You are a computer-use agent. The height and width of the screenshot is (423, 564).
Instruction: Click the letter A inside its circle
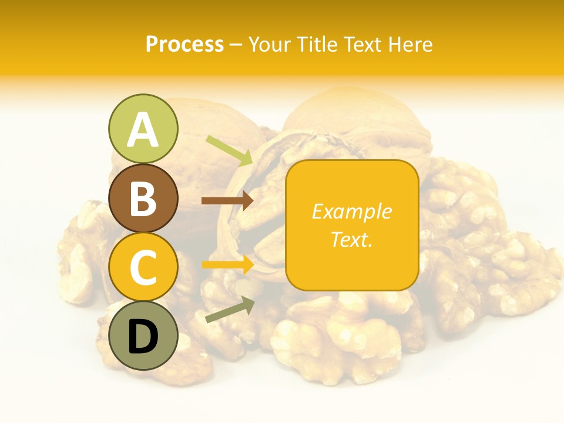(x=143, y=130)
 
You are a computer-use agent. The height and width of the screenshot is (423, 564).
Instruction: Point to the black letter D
(x=143, y=337)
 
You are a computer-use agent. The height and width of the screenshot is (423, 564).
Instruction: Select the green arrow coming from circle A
(x=230, y=150)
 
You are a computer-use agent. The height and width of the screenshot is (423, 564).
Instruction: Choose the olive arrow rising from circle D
(x=230, y=310)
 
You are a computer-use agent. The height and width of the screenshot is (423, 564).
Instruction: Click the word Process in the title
(x=184, y=45)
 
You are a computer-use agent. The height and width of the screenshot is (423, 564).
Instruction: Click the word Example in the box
(x=351, y=211)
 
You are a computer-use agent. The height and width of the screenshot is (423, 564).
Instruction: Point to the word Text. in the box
(x=351, y=239)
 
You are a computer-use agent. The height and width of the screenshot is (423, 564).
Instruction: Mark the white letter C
(x=143, y=268)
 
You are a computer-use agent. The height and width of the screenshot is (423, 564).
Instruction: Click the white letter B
(x=143, y=199)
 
